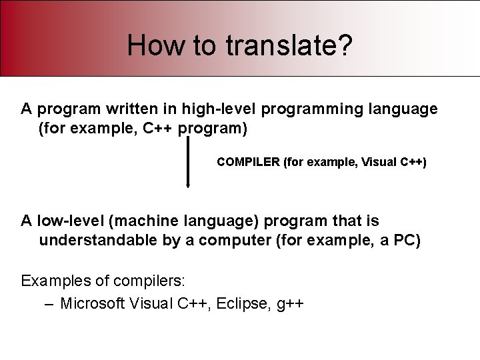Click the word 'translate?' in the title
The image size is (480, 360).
(289, 45)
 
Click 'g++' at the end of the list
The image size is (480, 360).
(290, 305)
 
